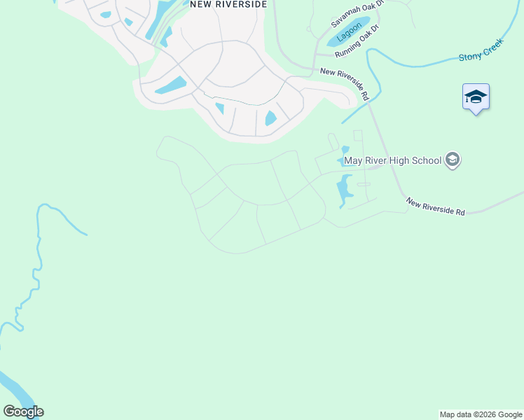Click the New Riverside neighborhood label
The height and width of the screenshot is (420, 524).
228,3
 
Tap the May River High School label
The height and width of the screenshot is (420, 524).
392,160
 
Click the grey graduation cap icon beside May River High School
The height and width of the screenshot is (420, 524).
453,160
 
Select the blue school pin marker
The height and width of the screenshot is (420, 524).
476,97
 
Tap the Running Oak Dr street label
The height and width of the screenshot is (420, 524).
357,43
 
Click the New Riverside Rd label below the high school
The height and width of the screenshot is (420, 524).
435,207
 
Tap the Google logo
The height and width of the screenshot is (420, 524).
23,412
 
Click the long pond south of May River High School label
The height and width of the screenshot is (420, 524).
344,190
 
